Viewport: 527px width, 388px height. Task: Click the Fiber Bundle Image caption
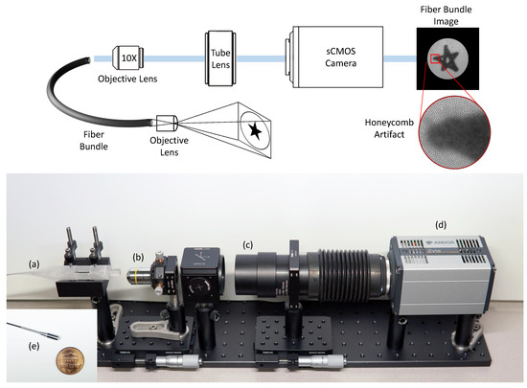[x=447, y=13]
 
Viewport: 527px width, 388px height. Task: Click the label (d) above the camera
[x=440, y=224]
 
